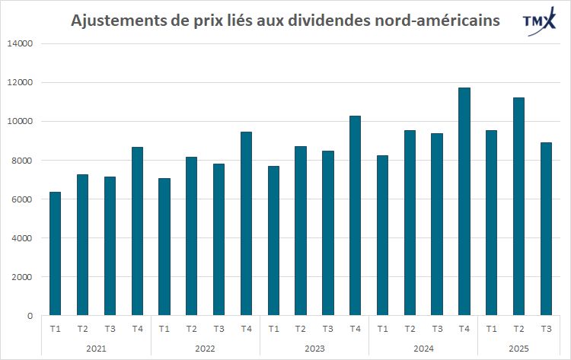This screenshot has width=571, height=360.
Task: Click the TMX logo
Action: click(x=538, y=24)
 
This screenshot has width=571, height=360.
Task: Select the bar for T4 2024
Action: click(x=464, y=201)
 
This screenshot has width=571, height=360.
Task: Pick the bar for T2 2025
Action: click(x=518, y=206)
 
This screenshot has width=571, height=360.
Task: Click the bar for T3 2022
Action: click(x=219, y=239)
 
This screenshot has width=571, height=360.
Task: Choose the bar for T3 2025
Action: click(x=546, y=228)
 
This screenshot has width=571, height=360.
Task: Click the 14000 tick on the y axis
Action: click(x=19, y=43)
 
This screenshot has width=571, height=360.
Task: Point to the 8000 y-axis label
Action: click(x=21, y=161)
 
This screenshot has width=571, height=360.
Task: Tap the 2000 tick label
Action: click(x=21, y=277)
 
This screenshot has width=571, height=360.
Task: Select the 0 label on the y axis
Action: click(x=28, y=316)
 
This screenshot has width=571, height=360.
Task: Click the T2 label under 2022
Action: click(x=191, y=329)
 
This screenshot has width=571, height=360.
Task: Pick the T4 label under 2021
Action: click(x=137, y=329)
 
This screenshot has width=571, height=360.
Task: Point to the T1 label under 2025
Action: click(x=491, y=329)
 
